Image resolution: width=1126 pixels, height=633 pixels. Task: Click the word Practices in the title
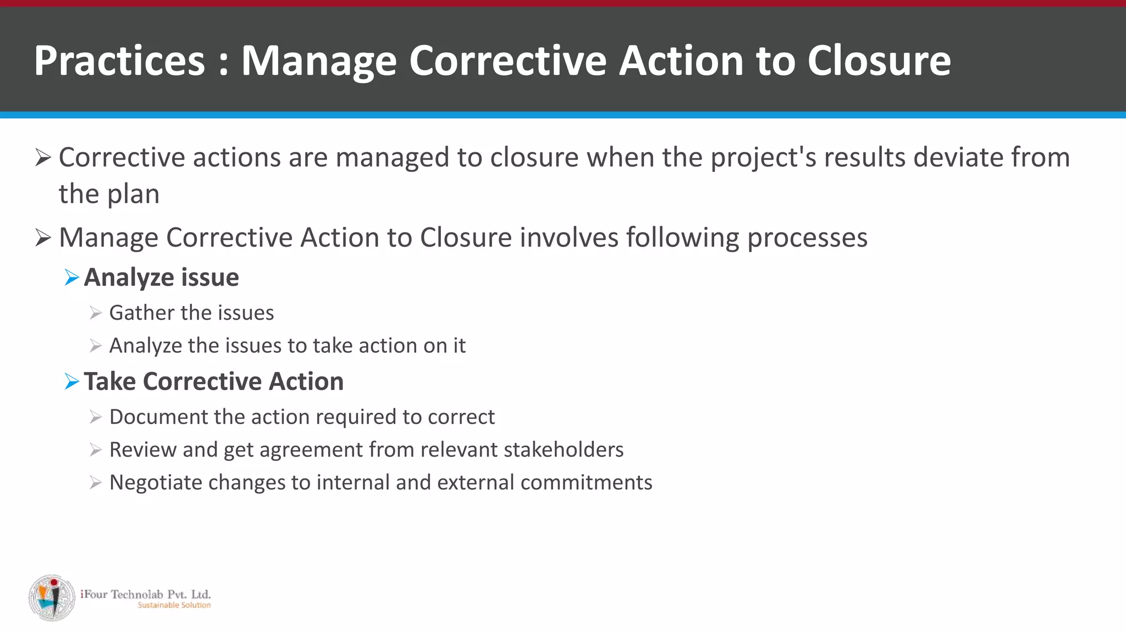coord(119,60)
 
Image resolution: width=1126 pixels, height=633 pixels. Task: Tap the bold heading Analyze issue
coord(161,277)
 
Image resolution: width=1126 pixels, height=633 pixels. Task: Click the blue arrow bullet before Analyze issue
coord(71,277)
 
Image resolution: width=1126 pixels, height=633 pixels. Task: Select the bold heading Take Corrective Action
coord(213,381)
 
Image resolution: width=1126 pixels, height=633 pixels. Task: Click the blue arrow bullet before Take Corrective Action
coord(71,381)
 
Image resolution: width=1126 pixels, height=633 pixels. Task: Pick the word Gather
coord(141,313)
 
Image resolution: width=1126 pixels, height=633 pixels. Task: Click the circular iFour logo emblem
coord(52,598)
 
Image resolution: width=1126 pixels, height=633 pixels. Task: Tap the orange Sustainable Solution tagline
coord(174,606)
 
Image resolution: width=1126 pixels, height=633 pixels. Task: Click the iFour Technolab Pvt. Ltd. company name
coord(146,594)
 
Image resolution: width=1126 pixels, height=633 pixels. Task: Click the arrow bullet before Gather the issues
coord(96,313)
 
